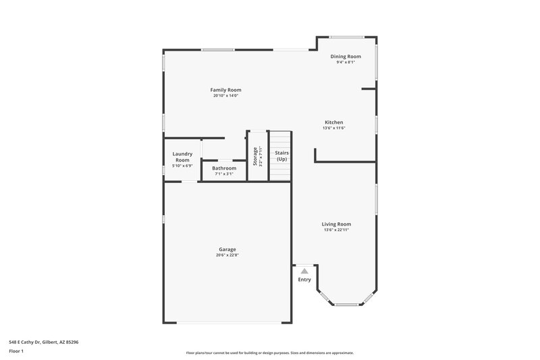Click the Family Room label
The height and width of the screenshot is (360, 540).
[x=225, y=90]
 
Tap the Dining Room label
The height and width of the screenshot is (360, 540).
[x=345, y=57]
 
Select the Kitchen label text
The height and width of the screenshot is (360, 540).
[x=333, y=122]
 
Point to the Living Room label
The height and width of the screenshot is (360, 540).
[x=335, y=224]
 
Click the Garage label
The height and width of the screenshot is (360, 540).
[x=227, y=249]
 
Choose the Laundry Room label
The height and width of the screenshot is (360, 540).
[x=182, y=157]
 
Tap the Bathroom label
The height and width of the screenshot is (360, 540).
[x=224, y=168]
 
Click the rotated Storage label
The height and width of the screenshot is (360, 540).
[x=255, y=157]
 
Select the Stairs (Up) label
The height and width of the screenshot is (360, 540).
[x=281, y=156]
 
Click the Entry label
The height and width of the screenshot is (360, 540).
[x=304, y=280]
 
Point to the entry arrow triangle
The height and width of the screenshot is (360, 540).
[x=304, y=271]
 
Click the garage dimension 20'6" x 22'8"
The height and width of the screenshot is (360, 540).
[x=227, y=255]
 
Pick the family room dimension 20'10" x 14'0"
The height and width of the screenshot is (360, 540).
[x=225, y=96]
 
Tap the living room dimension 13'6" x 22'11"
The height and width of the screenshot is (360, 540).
[x=335, y=230]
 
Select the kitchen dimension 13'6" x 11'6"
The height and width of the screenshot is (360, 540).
[x=333, y=128]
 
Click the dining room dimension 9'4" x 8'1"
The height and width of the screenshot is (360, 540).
[x=345, y=63]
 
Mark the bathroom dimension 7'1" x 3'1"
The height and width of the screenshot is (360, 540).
[x=224, y=174]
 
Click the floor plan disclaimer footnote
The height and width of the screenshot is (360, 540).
[x=269, y=353]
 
